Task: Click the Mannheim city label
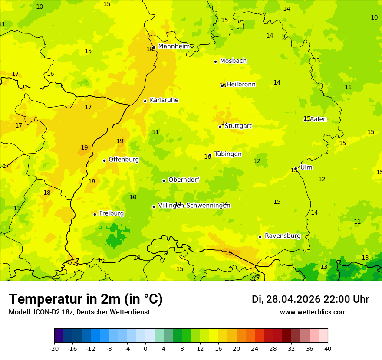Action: click(174, 46)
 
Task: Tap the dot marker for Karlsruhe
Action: click(145, 101)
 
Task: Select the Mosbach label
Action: click(233, 61)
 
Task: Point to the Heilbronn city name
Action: click(241, 85)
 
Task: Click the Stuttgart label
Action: click(238, 126)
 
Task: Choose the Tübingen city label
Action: click(228, 154)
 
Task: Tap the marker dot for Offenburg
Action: click(105, 160)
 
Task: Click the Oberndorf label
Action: click(184, 180)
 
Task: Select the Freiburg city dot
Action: click(95, 214)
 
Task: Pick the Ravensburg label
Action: click(283, 236)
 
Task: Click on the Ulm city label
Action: click(306, 167)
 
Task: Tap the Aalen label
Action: click(318, 119)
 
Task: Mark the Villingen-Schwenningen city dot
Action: click(154, 206)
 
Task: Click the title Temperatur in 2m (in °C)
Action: click(86, 299)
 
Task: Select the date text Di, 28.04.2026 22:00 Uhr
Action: click(310, 299)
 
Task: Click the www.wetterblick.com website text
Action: click(313, 312)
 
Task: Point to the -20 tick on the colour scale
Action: click(54, 349)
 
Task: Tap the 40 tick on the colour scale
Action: click(328, 349)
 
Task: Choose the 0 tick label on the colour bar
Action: click(145, 349)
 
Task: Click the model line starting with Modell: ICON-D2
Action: click(79, 312)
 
